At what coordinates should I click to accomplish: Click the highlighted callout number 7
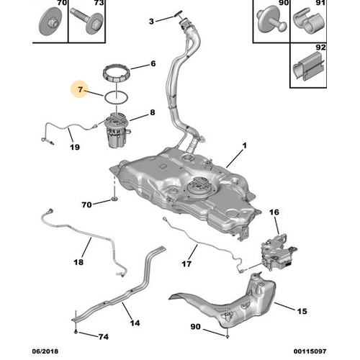coord(80,89)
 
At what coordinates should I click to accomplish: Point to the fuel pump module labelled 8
coord(117,130)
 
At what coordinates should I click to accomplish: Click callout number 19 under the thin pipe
coord(75,147)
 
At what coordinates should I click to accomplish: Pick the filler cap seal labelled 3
coord(178,15)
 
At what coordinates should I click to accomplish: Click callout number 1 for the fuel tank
coord(244,145)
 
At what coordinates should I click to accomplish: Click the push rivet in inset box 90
coord(271,22)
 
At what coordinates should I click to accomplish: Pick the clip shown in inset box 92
coord(309,68)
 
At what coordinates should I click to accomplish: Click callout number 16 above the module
coord(274,212)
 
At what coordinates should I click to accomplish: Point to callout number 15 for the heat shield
coord(302,311)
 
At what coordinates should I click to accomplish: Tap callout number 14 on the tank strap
coord(135,323)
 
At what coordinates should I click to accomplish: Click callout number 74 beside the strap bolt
coord(104,337)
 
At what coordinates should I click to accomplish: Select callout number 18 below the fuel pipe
coord(78,262)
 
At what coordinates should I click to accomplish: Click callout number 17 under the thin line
coord(186,264)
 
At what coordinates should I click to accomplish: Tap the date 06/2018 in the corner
coord(45,351)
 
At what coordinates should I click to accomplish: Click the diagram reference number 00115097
coord(310,351)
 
